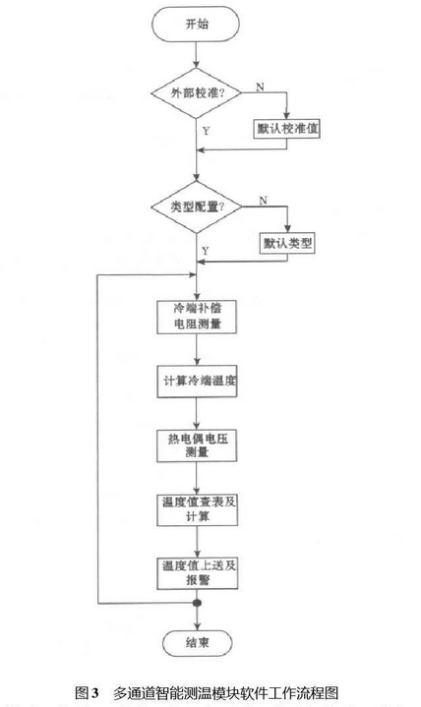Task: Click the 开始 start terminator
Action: [x=197, y=24]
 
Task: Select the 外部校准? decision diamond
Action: [x=197, y=93]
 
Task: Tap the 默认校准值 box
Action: [x=286, y=129]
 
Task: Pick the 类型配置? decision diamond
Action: [x=197, y=206]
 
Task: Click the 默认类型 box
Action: [x=287, y=244]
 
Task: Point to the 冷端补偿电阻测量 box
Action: [x=197, y=317]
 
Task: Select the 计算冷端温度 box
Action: [x=197, y=381]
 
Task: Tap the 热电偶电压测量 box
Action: [x=197, y=445]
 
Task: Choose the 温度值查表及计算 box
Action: [x=197, y=509]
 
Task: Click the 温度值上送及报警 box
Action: [x=197, y=573]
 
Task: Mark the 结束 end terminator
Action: [x=197, y=642]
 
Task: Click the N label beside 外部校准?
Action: [x=261, y=87]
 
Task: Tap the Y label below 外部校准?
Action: [x=206, y=131]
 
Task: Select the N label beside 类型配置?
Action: [x=264, y=201]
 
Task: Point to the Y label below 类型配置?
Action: [x=206, y=251]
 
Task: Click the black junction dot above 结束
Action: [x=197, y=603]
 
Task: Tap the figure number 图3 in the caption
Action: [x=87, y=692]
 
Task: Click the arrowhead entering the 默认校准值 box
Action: [x=286, y=115]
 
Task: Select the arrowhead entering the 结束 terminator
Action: [x=197, y=625]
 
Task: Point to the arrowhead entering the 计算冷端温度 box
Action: [x=197, y=361]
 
